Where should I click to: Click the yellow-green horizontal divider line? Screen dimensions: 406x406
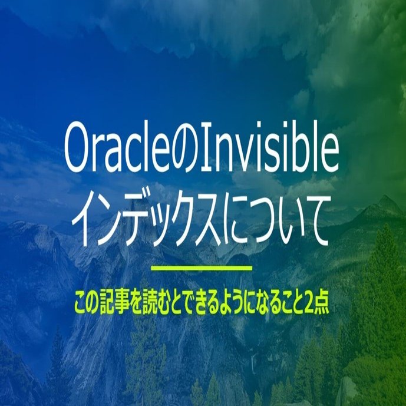tap(202, 268)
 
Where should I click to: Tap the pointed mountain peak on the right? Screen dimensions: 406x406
tap(387, 198)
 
